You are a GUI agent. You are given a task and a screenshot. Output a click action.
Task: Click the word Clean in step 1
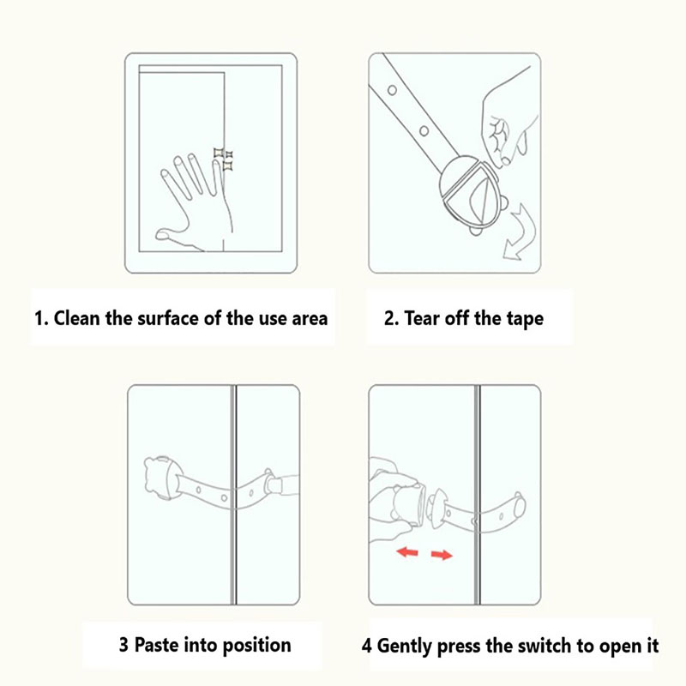tap(76, 318)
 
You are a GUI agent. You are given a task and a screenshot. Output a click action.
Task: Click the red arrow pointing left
tap(407, 552)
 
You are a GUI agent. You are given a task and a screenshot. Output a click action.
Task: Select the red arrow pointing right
tap(442, 555)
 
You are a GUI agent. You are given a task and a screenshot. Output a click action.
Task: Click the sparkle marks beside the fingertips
tap(224, 159)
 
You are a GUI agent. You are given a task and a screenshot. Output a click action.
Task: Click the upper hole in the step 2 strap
tap(392, 90)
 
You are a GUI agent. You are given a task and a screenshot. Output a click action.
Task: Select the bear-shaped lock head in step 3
tap(161, 478)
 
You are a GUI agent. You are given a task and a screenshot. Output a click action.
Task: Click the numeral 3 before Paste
tap(123, 645)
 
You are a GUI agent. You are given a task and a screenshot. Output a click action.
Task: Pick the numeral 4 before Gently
tap(367, 647)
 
